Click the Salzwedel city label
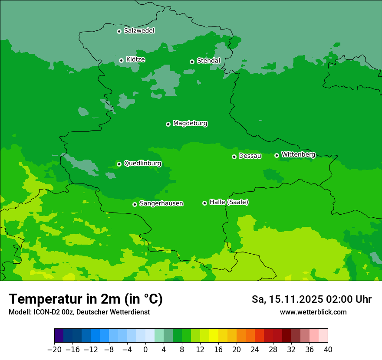(139, 31)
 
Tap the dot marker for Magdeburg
(168, 124)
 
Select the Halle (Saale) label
(229, 202)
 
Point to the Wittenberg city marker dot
(277, 155)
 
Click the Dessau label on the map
(250, 156)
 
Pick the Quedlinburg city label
(142, 164)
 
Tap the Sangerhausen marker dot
(135, 204)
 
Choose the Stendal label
(208, 61)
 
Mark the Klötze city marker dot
(121, 60)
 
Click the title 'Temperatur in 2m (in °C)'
(86, 299)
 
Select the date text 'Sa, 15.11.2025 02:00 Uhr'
(311, 299)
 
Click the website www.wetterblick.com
(313, 312)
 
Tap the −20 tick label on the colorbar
(54, 349)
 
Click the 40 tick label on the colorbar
(328, 349)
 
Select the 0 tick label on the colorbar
(145, 349)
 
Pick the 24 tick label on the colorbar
(255, 349)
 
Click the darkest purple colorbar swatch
(59, 336)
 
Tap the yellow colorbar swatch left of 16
(214, 336)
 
